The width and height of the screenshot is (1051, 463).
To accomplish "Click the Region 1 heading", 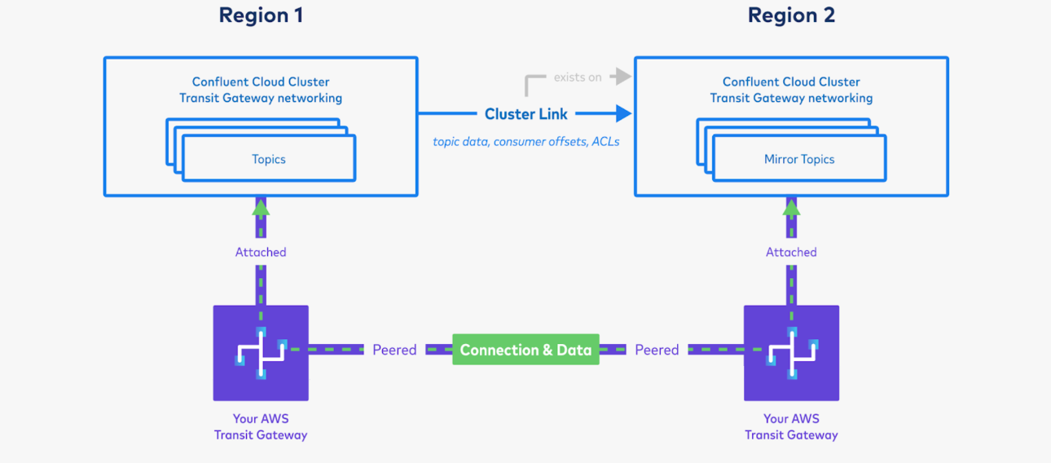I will (x=261, y=15).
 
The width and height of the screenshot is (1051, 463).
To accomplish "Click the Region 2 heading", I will (x=791, y=15).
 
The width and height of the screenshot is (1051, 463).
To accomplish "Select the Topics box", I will (x=269, y=159).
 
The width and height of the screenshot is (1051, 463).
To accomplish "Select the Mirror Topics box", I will (x=799, y=159).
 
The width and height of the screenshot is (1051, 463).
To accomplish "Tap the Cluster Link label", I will (x=525, y=114).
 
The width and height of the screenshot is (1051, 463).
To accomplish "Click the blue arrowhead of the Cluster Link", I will (x=623, y=113).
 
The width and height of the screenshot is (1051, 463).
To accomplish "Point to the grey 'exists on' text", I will (x=578, y=77).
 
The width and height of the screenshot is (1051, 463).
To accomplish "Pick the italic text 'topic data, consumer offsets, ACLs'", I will (x=525, y=141).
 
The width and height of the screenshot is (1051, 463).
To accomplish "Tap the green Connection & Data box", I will (x=525, y=350).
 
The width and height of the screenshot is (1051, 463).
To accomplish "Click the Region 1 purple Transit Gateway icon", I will (x=261, y=353).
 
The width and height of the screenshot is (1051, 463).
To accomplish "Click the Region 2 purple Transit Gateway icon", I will (x=791, y=353).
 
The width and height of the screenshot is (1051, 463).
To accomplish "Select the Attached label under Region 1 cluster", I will (x=261, y=253).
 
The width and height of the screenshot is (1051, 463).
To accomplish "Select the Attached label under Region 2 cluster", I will (x=791, y=253).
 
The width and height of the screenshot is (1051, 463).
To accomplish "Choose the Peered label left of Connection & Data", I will (x=394, y=350).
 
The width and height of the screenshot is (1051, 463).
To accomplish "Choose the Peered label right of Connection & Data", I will (x=657, y=350).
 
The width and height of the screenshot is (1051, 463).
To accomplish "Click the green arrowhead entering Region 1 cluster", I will (x=261, y=208).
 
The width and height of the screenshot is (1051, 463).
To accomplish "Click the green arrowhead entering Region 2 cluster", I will (x=791, y=208).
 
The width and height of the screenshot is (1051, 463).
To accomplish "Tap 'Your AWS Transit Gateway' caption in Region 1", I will (x=261, y=426).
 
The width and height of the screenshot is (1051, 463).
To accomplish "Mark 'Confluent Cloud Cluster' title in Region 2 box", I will (x=791, y=82).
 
